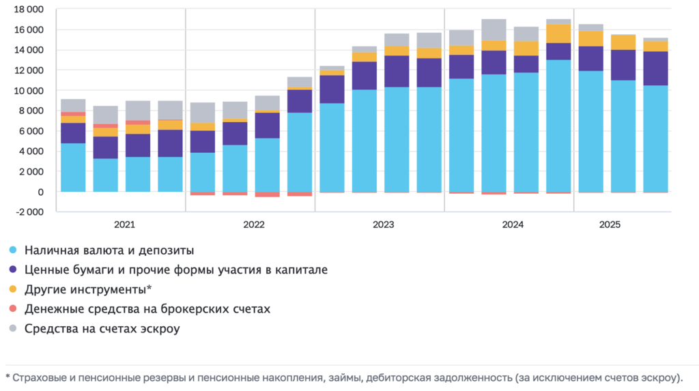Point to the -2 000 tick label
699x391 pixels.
(29, 212)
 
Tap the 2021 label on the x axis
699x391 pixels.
(124, 225)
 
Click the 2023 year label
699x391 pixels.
(383, 225)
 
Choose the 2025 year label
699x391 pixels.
(609, 225)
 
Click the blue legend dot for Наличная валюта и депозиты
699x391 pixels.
(13, 250)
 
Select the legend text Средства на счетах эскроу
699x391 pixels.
(102, 330)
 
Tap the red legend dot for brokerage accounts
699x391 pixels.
(13, 310)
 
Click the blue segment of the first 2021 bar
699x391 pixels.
(73, 167)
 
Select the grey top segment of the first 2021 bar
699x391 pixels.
(73, 105)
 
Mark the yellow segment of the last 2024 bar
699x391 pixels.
(558, 33)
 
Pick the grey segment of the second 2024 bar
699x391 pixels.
(494, 29)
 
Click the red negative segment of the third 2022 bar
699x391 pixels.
(268, 194)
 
